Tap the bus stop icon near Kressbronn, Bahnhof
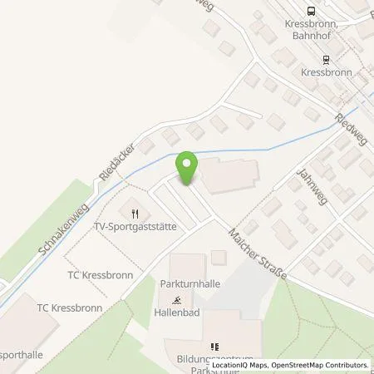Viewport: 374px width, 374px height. click(x=311, y=11)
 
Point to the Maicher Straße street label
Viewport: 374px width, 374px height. click(x=257, y=254)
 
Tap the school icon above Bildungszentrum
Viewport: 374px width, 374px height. click(x=214, y=347)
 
